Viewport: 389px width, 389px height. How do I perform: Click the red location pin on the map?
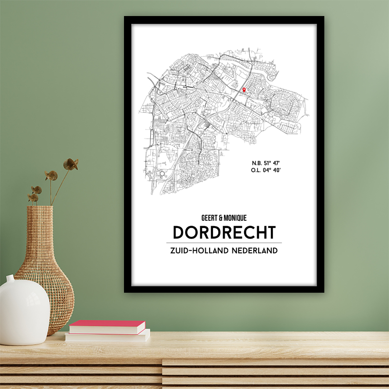pyautogui.click(x=244, y=89)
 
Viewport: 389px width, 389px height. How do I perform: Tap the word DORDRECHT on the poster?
pyautogui.click(x=224, y=232)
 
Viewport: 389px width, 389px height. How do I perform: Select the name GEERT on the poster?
pyautogui.click(x=203, y=218)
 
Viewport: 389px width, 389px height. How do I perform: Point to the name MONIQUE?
pyautogui.click(x=235, y=218)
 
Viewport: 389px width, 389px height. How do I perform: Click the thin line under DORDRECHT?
pyautogui.click(x=224, y=243)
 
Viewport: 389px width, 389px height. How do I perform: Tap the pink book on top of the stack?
pyautogui.click(x=107, y=327)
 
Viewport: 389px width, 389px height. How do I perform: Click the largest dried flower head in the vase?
pyautogui.click(x=71, y=164)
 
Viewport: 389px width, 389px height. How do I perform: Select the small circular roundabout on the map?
pyautogui.click(x=161, y=173)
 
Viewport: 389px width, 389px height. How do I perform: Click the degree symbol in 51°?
pyautogui.click(x=268, y=161)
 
